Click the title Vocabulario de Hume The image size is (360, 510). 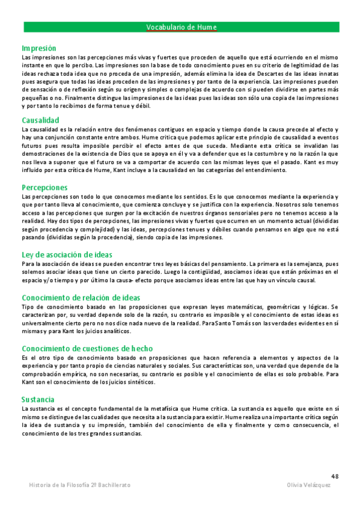(x=181, y=27)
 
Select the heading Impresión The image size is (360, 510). (x=39, y=48)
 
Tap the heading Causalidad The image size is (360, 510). (x=40, y=120)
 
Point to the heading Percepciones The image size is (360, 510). (x=44, y=188)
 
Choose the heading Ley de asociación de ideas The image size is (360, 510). (x=67, y=255)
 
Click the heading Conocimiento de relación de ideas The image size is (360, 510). (x=81, y=298)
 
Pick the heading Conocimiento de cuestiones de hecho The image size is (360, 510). (x=87, y=348)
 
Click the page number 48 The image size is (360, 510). (x=335, y=475)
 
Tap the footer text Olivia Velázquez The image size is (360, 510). (x=309, y=485)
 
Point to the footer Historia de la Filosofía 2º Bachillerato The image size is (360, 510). (x=79, y=485)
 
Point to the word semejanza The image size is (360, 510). (x=317, y=264)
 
